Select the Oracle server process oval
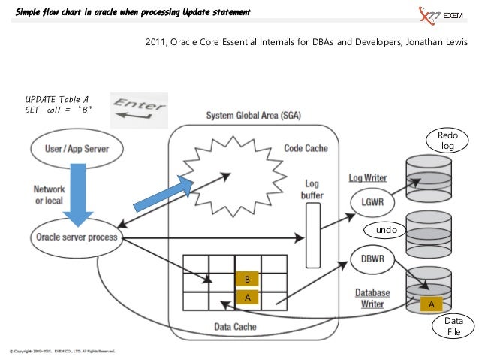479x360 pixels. point(76,237)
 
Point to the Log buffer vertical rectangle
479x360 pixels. point(312,234)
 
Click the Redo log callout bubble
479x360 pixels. point(447,141)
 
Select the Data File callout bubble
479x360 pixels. point(453,326)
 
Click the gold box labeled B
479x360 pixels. point(247,280)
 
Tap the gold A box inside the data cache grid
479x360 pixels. point(247,298)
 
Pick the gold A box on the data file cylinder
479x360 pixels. point(431,304)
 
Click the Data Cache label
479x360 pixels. point(236,327)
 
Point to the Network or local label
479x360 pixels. point(49,195)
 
